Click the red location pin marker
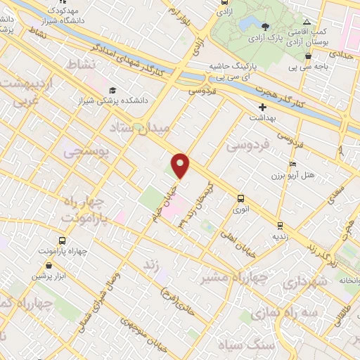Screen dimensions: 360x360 [181, 165]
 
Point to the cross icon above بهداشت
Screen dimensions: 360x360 [262, 108]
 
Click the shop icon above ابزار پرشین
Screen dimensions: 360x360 [49, 265]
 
